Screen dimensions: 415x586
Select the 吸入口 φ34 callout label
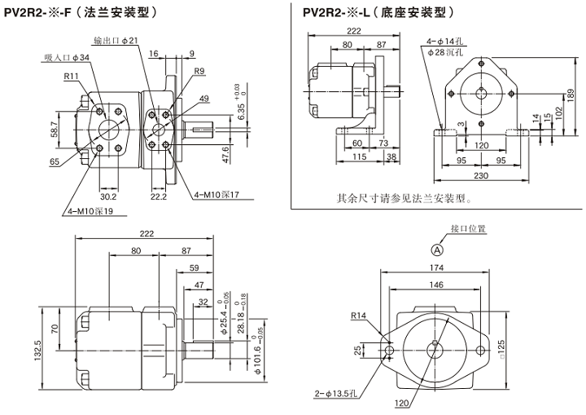pos(68,57)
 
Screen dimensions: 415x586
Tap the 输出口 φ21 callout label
pos(116,40)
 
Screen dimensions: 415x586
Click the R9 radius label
pos(199,71)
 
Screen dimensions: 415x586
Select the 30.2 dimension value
pos(107,196)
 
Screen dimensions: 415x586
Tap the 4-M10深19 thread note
pos(90,211)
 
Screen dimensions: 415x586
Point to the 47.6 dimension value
pos(225,154)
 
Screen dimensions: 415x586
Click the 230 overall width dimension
pos(481,174)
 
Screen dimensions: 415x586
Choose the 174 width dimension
pos(436,267)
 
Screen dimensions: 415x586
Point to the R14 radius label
pos(359,315)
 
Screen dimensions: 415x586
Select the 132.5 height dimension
pos(37,353)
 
